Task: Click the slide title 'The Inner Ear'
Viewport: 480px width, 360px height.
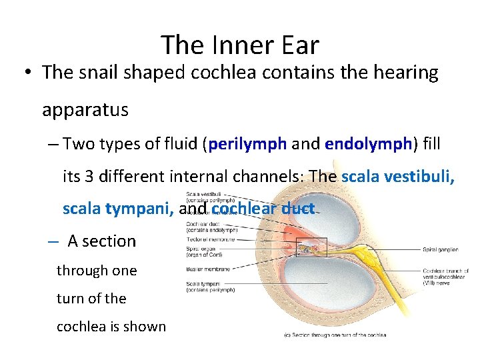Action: pyautogui.click(x=240, y=45)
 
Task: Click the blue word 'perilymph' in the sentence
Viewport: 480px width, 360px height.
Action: pyautogui.click(x=247, y=144)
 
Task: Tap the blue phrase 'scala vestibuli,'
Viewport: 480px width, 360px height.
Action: pyautogui.click(x=398, y=177)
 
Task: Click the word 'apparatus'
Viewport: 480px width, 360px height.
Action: pyautogui.click(x=85, y=110)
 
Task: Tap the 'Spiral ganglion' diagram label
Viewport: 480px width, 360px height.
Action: pyautogui.click(x=441, y=250)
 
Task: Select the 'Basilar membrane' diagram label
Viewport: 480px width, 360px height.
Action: pyautogui.click(x=207, y=269)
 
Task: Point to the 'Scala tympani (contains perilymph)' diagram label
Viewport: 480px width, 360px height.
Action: pyautogui.click(x=210, y=287)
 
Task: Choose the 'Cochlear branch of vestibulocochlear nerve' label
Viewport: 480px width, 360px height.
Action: pyautogui.click(x=445, y=277)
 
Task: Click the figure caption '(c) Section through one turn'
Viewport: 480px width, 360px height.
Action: pyautogui.click(x=335, y=335)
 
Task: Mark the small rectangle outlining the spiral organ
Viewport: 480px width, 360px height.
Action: pyautogui.click(x=311, y=248)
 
